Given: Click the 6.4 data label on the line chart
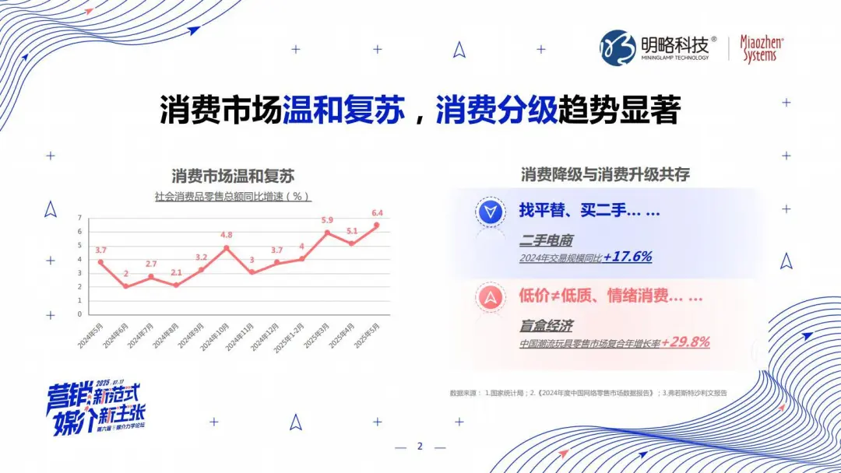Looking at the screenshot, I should click(378, 213).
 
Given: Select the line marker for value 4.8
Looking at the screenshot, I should click(227, 248).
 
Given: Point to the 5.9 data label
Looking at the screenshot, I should click(327, 220).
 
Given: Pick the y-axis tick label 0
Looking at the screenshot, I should click(79, 314).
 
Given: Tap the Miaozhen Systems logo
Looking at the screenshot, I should click(761, 48).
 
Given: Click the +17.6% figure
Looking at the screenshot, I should click(628, 257).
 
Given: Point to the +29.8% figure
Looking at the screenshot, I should click(685, 342).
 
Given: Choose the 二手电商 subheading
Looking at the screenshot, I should click(546, 240).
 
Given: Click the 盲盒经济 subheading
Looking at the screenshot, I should click(546, 326).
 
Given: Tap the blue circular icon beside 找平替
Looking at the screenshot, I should click(491, 212).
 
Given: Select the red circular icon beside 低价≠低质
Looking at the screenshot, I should click(491, 296).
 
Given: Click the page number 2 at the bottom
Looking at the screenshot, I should click(420, 447).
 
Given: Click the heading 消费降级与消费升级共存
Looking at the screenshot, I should click(605, 174).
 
